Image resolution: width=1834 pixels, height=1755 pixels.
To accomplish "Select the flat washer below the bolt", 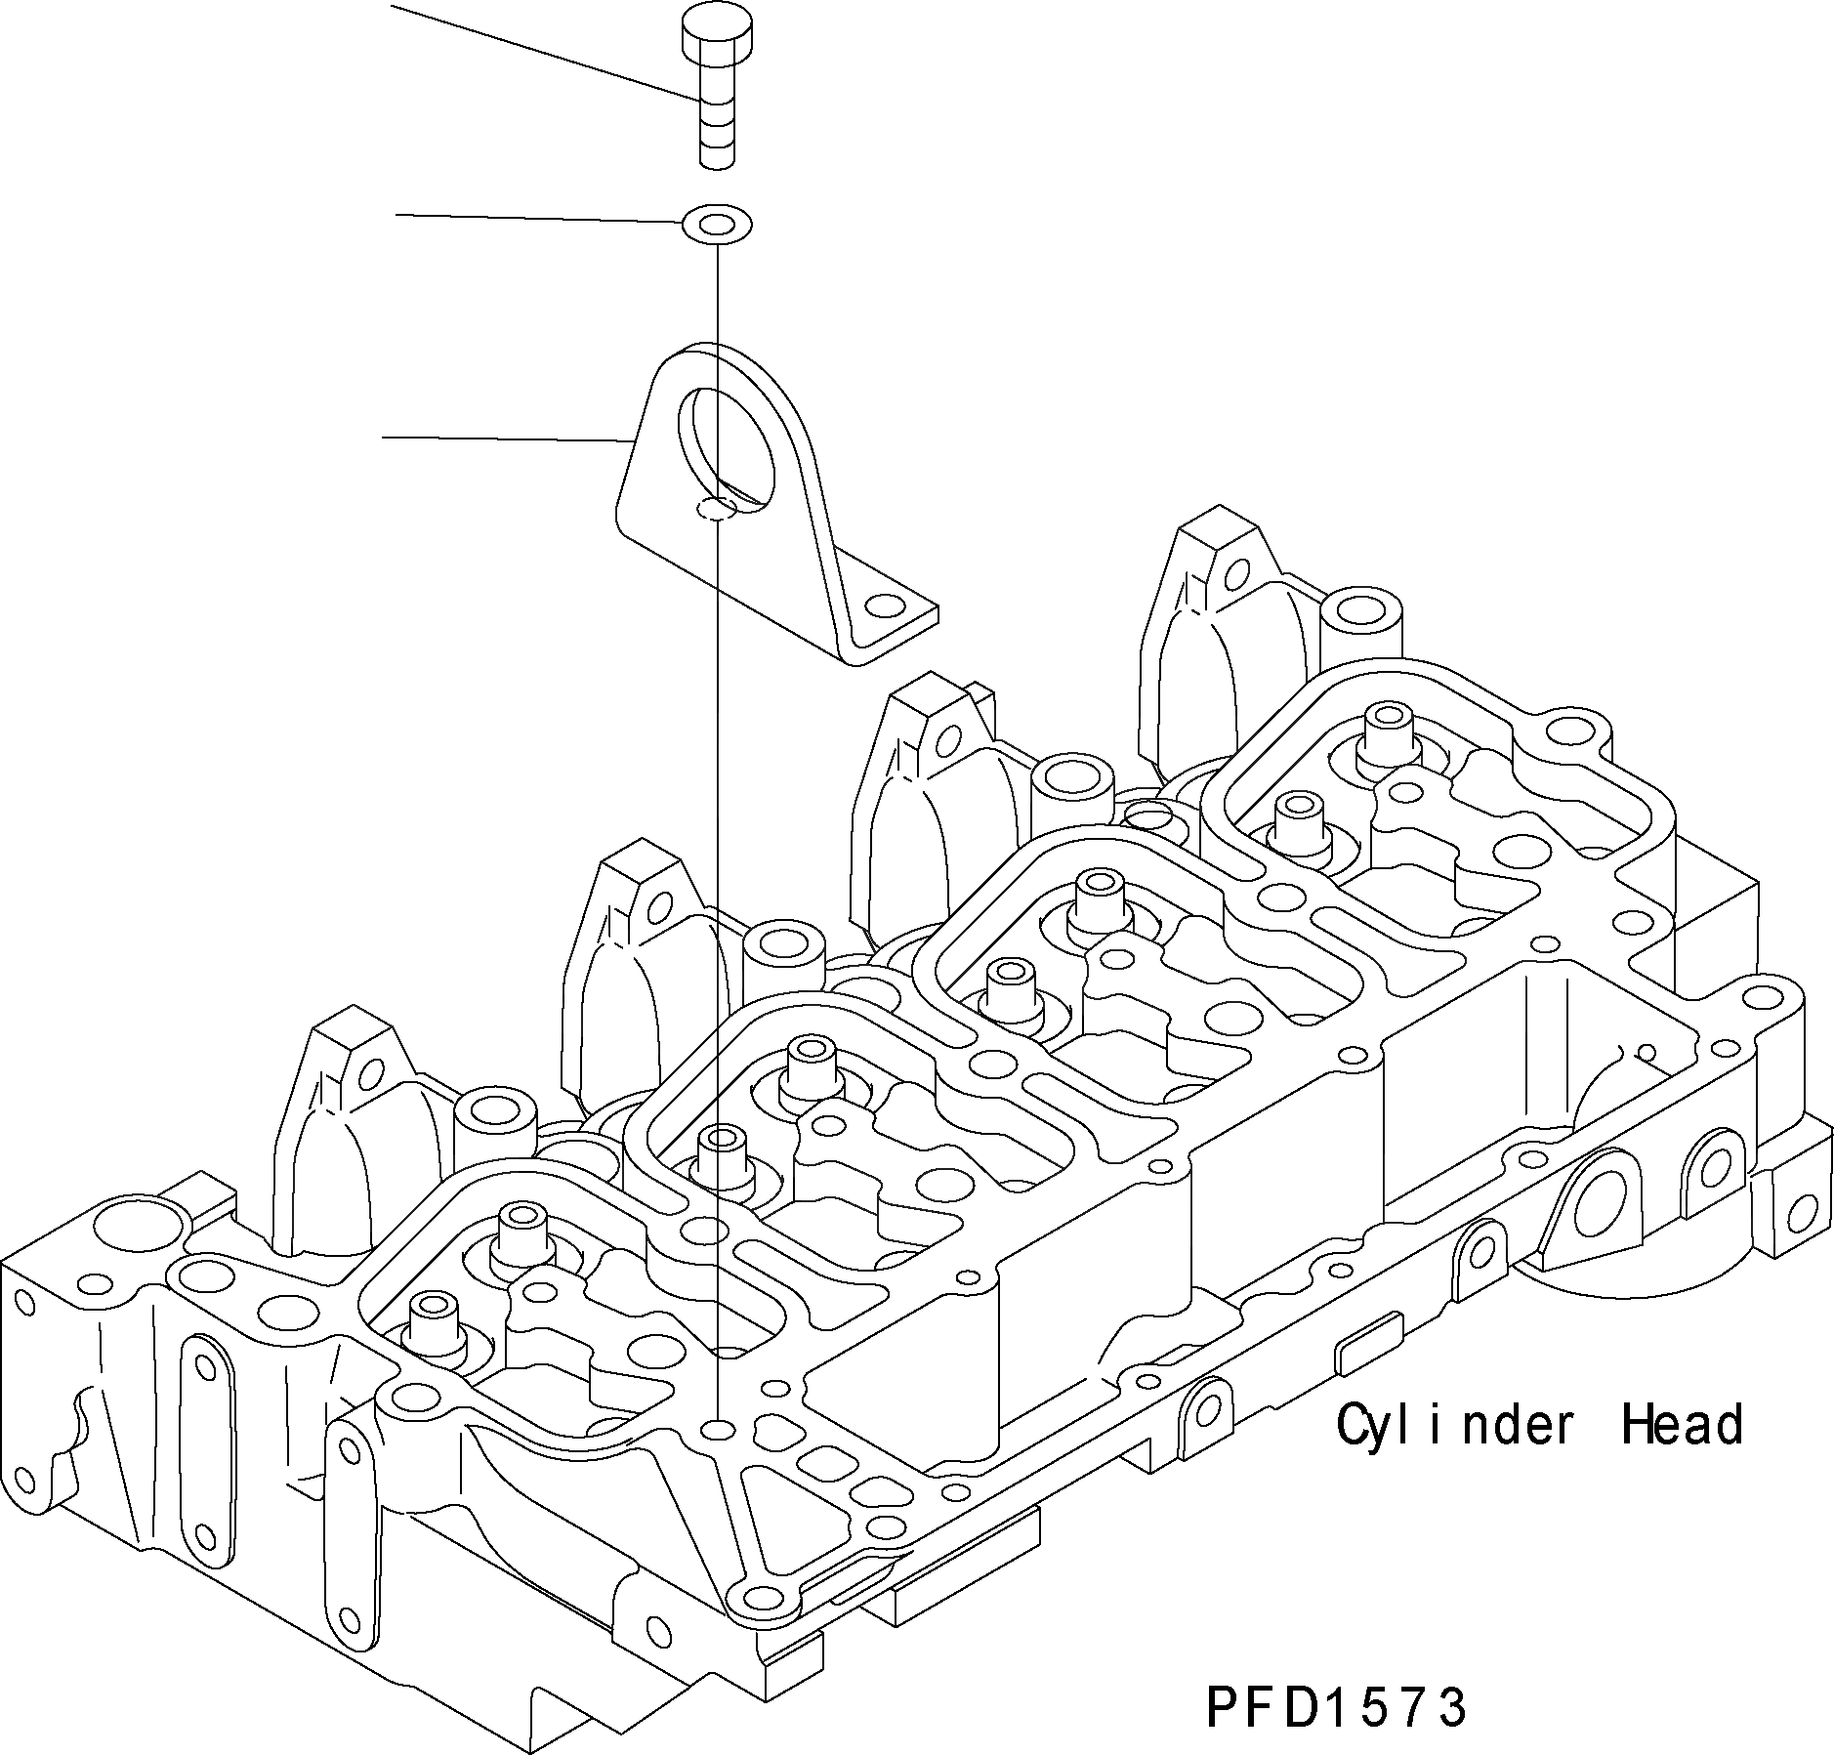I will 716,225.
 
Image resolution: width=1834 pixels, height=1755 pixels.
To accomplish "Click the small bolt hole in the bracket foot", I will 886,607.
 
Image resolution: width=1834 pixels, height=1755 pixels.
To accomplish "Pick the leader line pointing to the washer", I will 537,218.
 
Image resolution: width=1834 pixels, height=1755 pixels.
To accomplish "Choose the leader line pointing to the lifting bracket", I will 503,439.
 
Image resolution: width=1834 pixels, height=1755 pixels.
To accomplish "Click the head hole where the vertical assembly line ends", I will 719,1429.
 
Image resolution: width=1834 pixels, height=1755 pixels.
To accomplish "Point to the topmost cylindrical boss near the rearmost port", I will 1361,616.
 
